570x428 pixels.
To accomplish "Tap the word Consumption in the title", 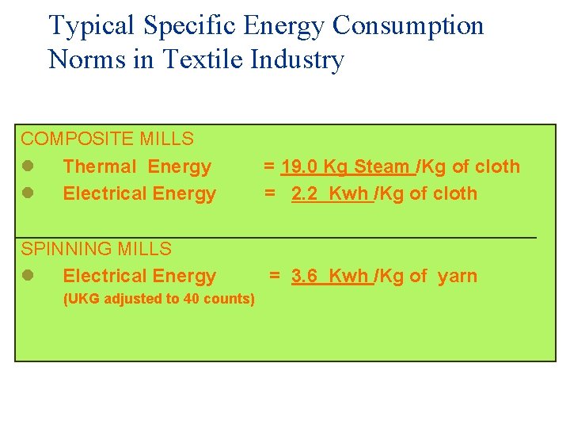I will click(x=408, y=26).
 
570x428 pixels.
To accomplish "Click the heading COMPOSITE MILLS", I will click(x=107, y=139).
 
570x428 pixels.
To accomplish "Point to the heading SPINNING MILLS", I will click(x=96, y=249).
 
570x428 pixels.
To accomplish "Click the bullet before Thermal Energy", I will click(x=27, y=166).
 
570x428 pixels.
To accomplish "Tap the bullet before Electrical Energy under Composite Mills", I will click(x=27, y=193).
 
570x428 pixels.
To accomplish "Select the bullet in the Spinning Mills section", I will click(x=27, y=276).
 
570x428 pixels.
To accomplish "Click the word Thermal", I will click(x=100, y=166).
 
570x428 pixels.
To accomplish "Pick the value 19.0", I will click(x=299, y=166).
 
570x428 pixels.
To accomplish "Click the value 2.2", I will click(x=305, y=193).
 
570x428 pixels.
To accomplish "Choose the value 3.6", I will click(x=305, y=276).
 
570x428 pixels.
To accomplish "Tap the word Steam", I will click(x=382, y=166).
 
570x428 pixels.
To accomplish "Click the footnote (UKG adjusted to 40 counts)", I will click(x=158, y=299).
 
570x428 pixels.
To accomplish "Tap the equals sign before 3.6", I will click(x=274, y=276).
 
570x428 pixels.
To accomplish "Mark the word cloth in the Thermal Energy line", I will click(x=499, y=166).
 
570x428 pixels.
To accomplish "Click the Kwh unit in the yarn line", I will click(x=348, y=276).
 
